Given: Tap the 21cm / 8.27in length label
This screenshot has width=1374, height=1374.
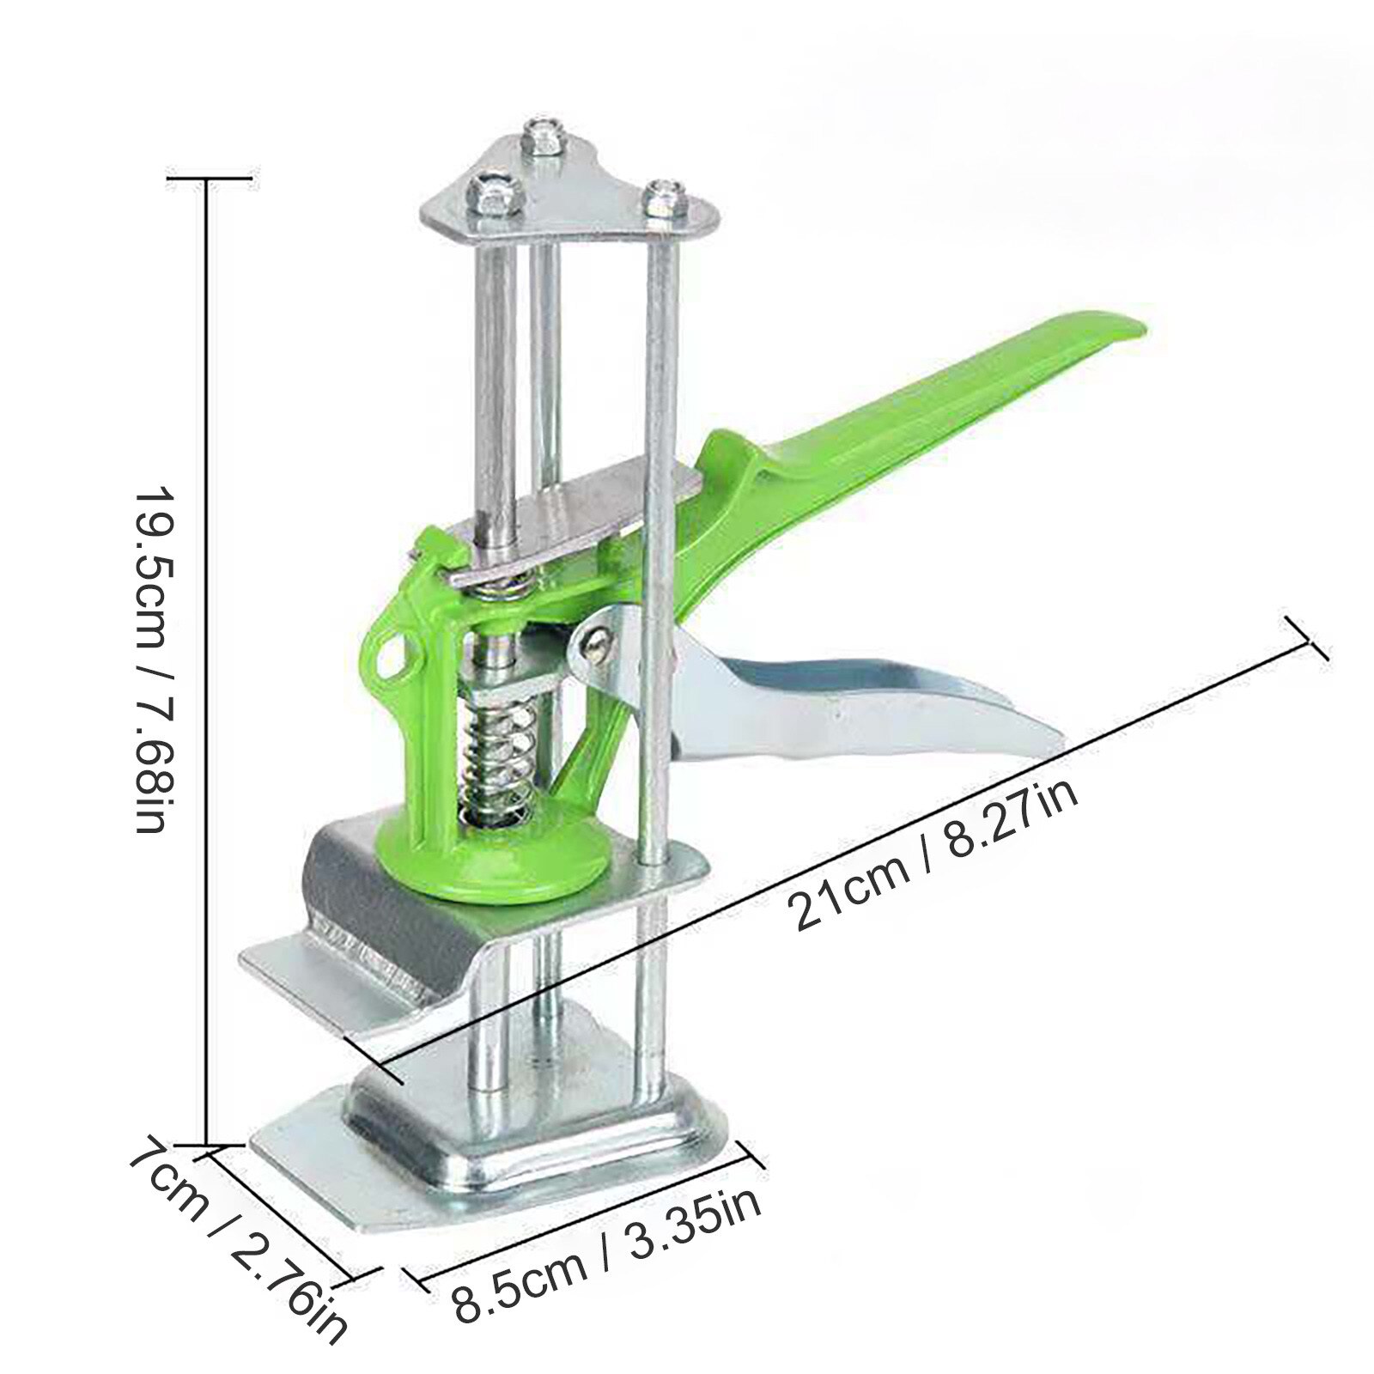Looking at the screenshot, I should click(x=936, y=858).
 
